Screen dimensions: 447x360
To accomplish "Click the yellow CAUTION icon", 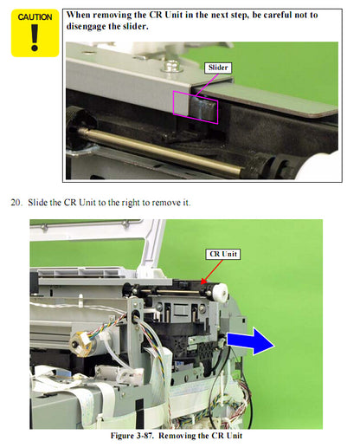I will click(35, 33).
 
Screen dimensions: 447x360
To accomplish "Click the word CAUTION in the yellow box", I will click(35, 16).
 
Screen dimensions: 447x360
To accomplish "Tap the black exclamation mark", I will click(35, 39).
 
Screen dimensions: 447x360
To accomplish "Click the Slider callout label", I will click(218, 67).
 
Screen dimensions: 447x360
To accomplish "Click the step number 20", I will click(16, 203).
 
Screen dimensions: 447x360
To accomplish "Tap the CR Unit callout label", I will click(222, 254).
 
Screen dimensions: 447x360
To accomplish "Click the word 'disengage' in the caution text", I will click(94, 26).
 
